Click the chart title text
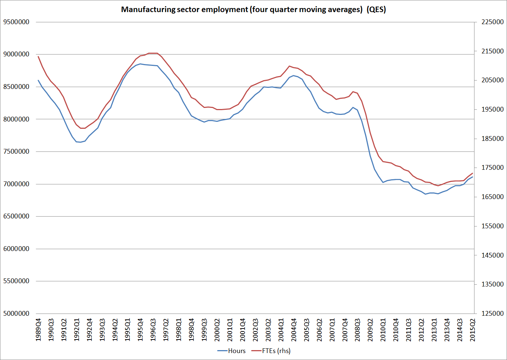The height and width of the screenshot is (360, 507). pyautogui.click(x=253, y=10)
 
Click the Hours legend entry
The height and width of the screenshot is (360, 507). pyautogui.click(x=237, y=351)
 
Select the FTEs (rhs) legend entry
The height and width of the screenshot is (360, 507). pyautogui.click(x=276, y=351)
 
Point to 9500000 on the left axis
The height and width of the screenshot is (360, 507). pyautogui.click(x=16, y=22)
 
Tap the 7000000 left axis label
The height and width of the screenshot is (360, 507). pyautogui.click(x=16, y=184)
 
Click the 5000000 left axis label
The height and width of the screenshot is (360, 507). pyautogui.click(x=16, y=314)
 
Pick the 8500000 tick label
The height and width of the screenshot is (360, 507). pyautogui.click(x=16, y=87)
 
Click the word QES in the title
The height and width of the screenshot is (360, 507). pyautogui.click(x=377, y=10)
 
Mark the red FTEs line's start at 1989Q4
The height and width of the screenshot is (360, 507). pyautogui.click(x=38, y=56)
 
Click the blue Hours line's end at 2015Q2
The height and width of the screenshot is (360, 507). pyautogui.click(x=473, y=177)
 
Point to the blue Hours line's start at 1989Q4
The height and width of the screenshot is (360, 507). pyautogui.click(x=38, y=80)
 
